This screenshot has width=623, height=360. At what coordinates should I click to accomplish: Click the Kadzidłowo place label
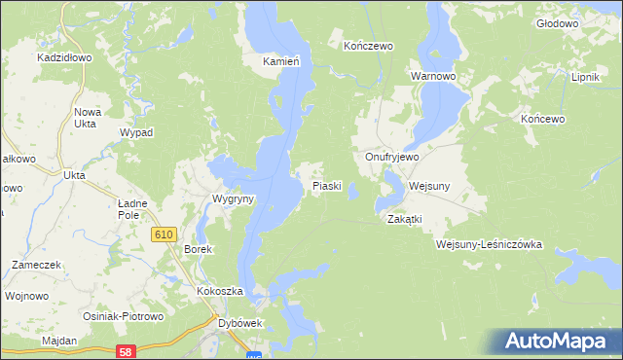[x=64, y=57]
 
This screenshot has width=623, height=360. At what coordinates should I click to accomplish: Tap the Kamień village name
[x=280, y=60]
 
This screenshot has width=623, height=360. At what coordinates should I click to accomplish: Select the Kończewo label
[x=367, y=45]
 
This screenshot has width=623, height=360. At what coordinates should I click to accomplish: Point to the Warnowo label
[x=433, y=75]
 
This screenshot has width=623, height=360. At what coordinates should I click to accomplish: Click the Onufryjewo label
[x=391, y=157]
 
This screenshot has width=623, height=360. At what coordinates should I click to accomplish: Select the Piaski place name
[x=326, y=185]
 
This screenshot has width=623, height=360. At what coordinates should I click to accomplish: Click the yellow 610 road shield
[x=164, y=234]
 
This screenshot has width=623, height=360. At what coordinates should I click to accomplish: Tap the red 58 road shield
[x=123, y=349]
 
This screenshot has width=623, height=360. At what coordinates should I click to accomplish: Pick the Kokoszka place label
[x=219, y=292]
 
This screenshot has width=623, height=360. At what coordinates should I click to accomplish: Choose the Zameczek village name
[x=37, y=265]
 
